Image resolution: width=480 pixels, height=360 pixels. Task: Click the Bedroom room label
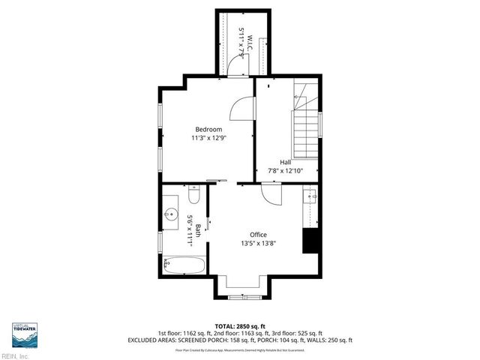(x=208, y=129)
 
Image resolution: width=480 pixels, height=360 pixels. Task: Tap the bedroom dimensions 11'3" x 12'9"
(x=208, y=138)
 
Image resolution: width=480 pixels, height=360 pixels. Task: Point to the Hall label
(x=286, y=162)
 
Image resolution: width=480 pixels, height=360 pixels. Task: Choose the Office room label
(x=258, y=235)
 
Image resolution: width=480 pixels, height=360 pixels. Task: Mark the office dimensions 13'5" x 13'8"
(x=258, y=244)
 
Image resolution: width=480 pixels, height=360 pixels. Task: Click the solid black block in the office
(x=311, y=241)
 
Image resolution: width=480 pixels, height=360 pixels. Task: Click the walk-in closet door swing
(x=235, y=67)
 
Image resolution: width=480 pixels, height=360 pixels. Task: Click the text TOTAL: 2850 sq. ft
(x=239, y=326)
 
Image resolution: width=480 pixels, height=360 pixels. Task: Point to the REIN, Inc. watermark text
(x=15, y=355)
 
